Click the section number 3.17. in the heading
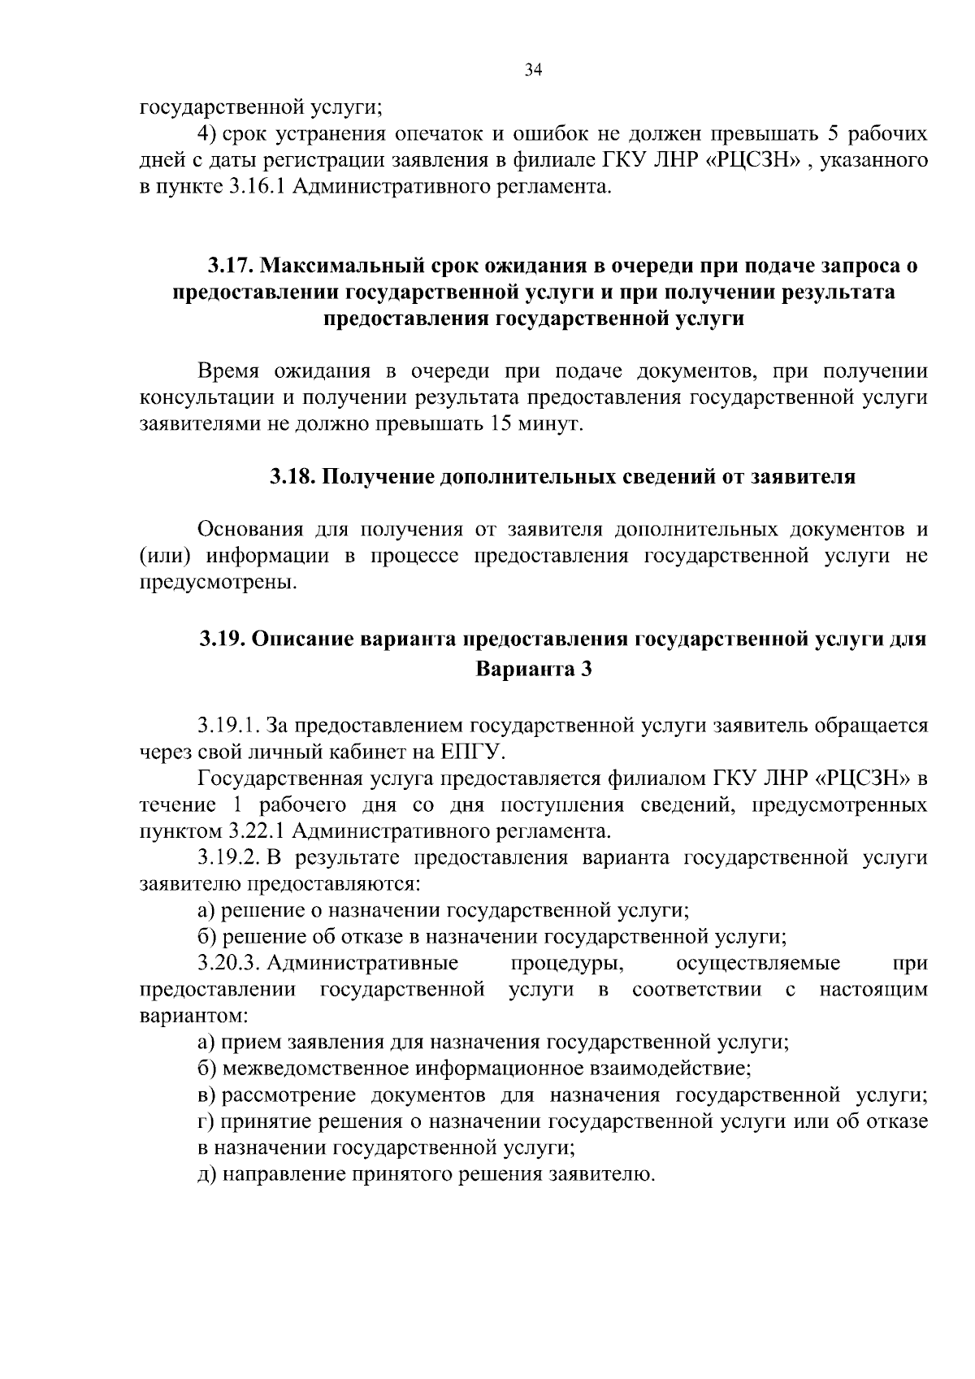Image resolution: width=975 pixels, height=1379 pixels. click(x=231, y=266)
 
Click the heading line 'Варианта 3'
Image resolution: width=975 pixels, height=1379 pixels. click(x=533, y=670)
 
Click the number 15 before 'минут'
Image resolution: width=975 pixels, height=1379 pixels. click(x=500, y=424)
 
